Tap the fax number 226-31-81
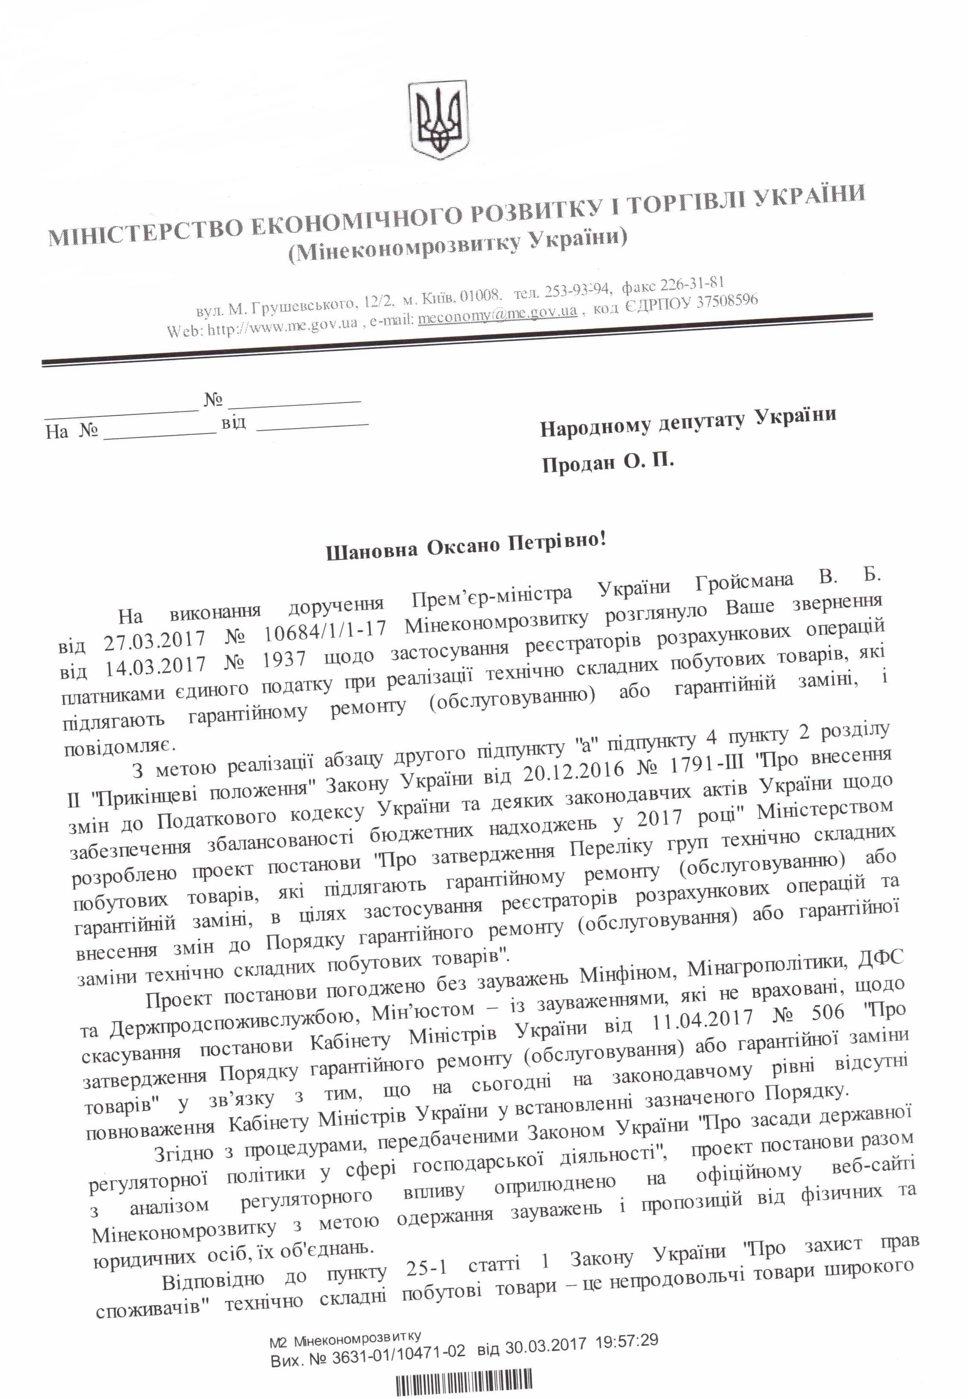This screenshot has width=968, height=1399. point(691,285)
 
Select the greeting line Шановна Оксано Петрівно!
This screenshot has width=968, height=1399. point(466,544)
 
